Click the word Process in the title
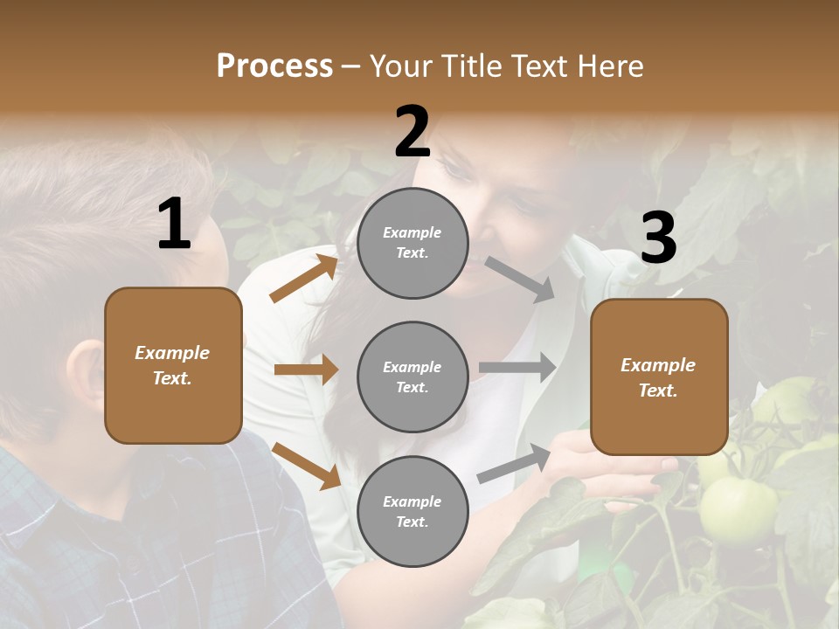pyautogui.click(x=274, y=66)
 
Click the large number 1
pyautogui.click(x=174, y=225)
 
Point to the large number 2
pyautogui.click(x=413, y=132)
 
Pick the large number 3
pyautogui.click(x=658, y=238)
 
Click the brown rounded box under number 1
pyautogui.click(x=173, y=365)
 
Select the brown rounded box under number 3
pyautogui.click(x=659, y=377)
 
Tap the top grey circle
pyautogui.click(x=413, y=243)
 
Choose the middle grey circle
pyautogui.click(x=413, y=377)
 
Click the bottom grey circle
pyautogui.click(x=413, y=511)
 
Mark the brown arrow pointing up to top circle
pyautogui.click(x=304, y=279)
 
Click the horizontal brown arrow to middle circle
pyautogui.click(x=306, y=370)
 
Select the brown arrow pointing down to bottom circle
pyautogui.click(x=307, y=466)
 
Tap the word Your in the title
pyautogui.click(x=405, y=66)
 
